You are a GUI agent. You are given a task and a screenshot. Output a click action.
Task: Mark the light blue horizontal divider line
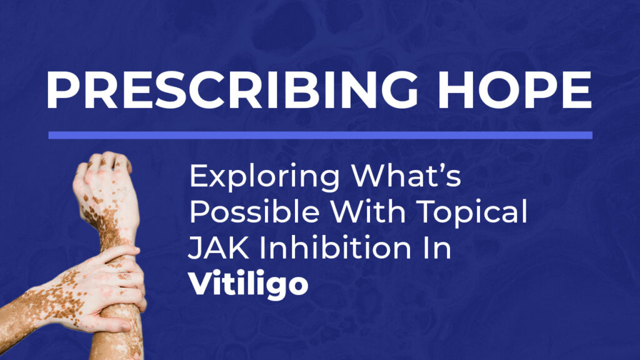click(321, 135)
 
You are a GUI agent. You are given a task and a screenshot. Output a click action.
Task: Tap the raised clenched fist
click(104, 184)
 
